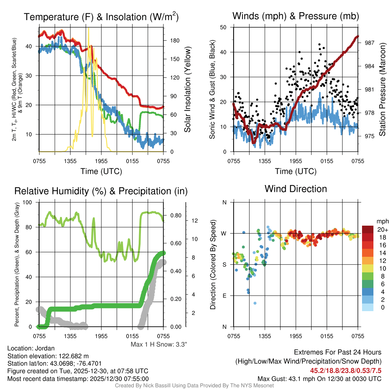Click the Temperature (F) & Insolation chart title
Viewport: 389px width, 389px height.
click(x=101, y=17)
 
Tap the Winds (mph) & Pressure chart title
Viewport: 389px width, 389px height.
click(x=296, y=16)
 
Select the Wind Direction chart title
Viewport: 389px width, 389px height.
click(x=296, y=189)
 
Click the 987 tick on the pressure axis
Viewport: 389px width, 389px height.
click(x=369, y=43)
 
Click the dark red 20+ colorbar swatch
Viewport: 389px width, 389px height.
click(x=368, y=229)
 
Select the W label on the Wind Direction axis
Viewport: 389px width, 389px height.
click(x=224, y=233)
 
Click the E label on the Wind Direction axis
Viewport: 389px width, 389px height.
click(x=225, y=296)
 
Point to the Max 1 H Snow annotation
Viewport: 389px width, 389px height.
click(x=159, y=345)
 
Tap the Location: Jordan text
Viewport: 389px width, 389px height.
click(x=31, y=348)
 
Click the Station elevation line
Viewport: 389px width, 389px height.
click(x=48, y=356)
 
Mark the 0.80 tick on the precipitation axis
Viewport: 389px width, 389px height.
click(x=175, y=215)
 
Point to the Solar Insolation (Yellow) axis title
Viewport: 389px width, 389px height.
click(x=188, y=90)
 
